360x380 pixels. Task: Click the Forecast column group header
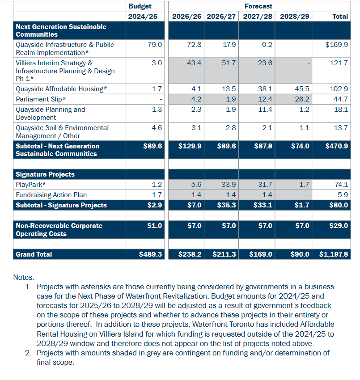point(258,6)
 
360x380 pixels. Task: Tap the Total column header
point(340,16)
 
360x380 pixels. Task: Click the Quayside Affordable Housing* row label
point(61,89)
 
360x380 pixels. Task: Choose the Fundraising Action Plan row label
point(51,195)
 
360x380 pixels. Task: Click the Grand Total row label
point(34,254)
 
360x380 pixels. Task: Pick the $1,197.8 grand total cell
point(334,254)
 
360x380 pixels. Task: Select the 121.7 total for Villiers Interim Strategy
point(339,63)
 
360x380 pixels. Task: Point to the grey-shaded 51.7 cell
point(229,63)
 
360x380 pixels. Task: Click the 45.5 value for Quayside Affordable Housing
point(302,89)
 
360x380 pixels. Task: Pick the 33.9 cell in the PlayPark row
point(229,185)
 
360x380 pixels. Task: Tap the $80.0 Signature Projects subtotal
point(339,205)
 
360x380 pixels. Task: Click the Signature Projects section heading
point(45,174)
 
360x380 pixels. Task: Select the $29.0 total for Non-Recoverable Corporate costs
point(339,226)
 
